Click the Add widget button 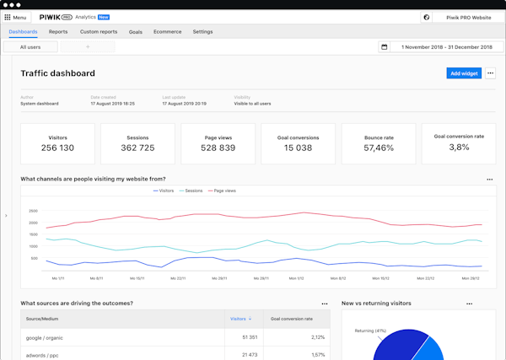(x=464, y=73)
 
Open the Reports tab (x=58, y=31)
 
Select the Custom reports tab (x=99, y=31)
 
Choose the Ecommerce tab (x=167, y=31)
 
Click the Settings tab (x=202, y=31)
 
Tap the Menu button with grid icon (x=16, y=17)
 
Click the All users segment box (x=30, y=47)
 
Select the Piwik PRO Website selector (x=468, y=17)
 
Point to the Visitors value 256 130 (x=57, y=148)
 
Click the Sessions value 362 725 (x=137, y=148)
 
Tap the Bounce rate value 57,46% (x=379, y=148)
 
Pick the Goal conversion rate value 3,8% (x=459, y=148)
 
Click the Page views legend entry (x=221, y=191)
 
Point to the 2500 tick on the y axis (x=34, y=211)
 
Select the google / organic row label (x=46, y=337)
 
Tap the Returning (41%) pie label (x=370, y=330)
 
